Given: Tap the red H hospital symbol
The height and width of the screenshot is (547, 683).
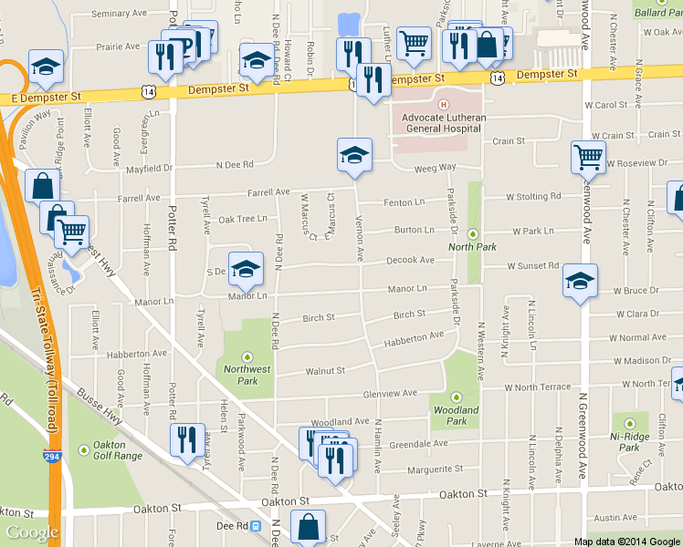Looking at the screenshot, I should tap(443, 106).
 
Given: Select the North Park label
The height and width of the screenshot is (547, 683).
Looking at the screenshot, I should tap(472, 247).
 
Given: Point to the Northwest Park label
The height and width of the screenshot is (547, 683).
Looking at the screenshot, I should tap(247, 375).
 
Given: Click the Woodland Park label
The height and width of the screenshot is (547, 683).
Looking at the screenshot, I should tap(457, 415).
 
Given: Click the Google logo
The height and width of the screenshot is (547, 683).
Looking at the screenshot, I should tap(32, 532).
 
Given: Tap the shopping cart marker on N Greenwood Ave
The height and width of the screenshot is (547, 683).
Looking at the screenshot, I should tap(588, 157).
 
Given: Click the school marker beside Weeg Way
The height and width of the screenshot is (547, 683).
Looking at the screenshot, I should tap(354, 154).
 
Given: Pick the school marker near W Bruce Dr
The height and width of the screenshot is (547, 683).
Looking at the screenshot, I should tap(579, 280).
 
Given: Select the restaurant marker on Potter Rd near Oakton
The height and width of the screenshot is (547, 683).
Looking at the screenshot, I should tap(186, 439).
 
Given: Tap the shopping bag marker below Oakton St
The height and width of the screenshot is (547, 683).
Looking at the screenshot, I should tap(308, 526).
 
